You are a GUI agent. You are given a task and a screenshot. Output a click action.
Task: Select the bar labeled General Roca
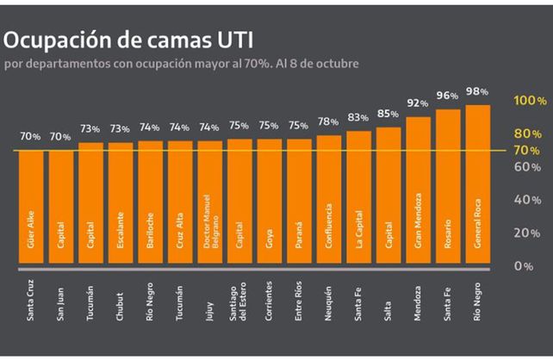478,185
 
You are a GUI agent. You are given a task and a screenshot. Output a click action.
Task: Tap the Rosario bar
448,188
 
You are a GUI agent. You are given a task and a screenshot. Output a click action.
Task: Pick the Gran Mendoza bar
418,191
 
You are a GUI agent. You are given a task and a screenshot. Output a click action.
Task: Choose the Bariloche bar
150,205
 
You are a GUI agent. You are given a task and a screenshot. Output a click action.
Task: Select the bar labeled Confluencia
329,202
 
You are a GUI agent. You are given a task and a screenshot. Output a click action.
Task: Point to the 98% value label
478,91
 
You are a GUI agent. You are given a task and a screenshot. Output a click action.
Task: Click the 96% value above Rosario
448,96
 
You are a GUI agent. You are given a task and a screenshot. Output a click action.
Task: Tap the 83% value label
358,117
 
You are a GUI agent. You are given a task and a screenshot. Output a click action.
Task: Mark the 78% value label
329,121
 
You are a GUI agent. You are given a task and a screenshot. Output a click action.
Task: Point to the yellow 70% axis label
527,151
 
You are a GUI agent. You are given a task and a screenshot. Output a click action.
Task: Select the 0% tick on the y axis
524,266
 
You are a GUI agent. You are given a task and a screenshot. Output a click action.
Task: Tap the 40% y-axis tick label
527,200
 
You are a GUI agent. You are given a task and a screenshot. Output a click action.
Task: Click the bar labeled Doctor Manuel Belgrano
209,205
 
